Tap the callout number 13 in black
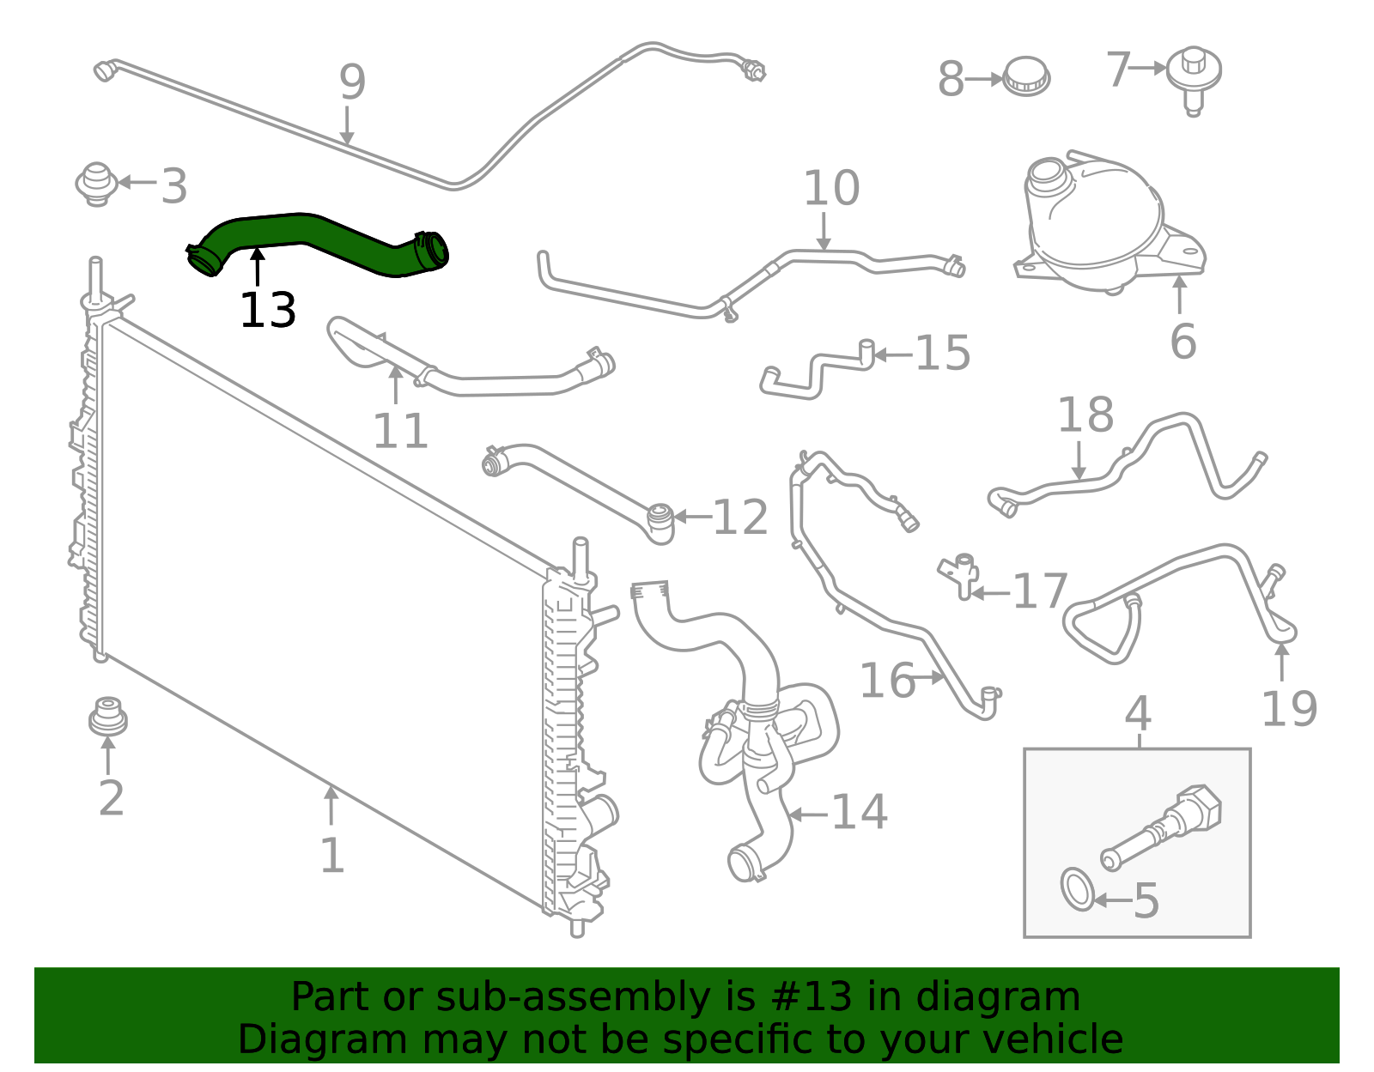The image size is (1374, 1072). click(268, 311)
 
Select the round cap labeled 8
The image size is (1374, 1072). click(1027, 77)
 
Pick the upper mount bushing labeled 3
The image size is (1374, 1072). click(96, 184)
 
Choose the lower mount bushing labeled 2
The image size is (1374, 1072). click(108, 718)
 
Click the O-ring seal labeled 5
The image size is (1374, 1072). click(1077, 889)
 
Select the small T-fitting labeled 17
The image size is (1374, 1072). click(960, 575)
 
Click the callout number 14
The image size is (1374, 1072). click(860, 812)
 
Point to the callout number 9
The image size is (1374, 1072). click(352, 82)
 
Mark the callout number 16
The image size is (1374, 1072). click(887, 681)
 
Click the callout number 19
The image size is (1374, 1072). click(1288, 709)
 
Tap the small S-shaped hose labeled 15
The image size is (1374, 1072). click(816, 371)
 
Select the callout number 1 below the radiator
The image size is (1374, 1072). click(331, 856)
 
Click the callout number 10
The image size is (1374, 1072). click(831, 189)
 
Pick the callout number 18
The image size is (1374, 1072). click(1085, 415)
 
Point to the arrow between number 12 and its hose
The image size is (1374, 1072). click(692, 517)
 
